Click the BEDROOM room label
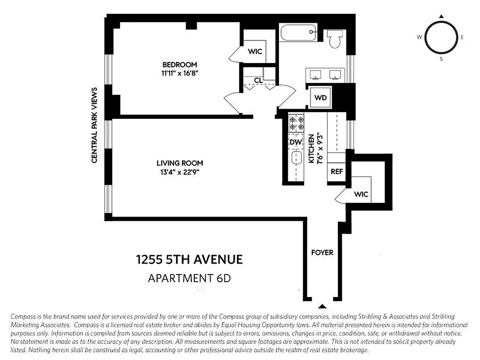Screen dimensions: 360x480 pyautogui.click(x=179, y=65)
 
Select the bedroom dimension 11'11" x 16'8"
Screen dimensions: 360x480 pyautogui.click(x=179, y=73)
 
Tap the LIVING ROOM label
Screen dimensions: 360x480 pyautogui.click(x=179, y=163)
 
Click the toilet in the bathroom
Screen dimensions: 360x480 pyautogui.click(x=334, y=39)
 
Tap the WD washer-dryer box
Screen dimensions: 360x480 pyautogui.click(x=320, y=98)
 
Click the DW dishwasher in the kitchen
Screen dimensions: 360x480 pyautogui.click(x=295, y=143)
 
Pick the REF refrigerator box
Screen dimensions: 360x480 pyautogui.click(x=337, y=171)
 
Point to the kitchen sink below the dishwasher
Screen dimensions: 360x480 pyautogui.click(x=296, y=159)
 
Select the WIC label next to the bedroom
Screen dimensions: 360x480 pyautogui.click(x=255, y=52)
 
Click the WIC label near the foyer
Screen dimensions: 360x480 pyautogui.click(x=361, y=194)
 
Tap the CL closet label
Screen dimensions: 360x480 pyautogui.click(x=258, y=80)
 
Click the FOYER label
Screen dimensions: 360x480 pyautogui.click(x=322, y=252)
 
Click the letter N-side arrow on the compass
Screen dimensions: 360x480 pyautogui.click(x=441, y=17)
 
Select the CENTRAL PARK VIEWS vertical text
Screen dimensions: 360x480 pyautogui.click(x=94, y=125)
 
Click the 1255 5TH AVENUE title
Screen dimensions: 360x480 pyautogui.click(x=189, y=260)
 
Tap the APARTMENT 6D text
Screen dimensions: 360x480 pyautogui.click(x=189, y=279)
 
